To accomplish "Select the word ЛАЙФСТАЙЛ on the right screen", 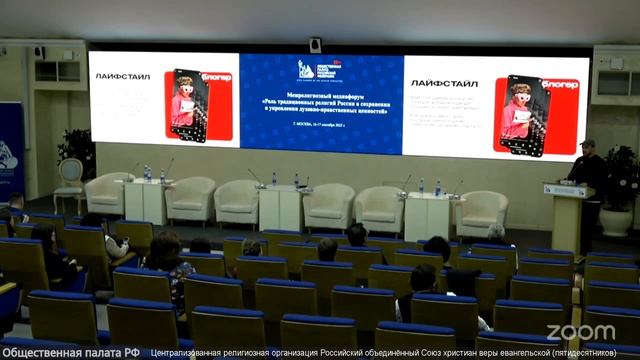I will click(444, 84).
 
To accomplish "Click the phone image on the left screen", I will click(188, 105).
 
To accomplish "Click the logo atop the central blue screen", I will click(320, 69).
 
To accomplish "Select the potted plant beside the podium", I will click(620, 185).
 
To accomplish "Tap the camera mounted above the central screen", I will click(315, 45).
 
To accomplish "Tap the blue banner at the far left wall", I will click(10, 150).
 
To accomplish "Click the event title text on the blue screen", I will click(320, 103).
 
